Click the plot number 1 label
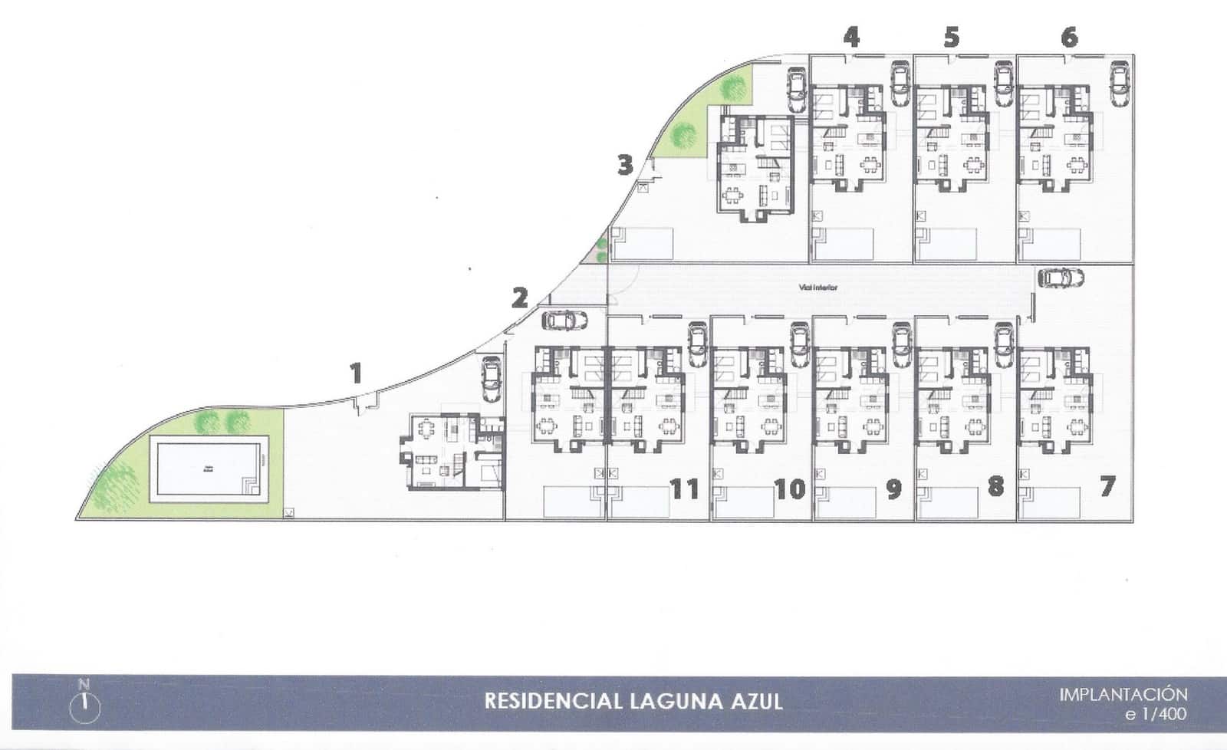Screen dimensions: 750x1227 [x=355, y=374]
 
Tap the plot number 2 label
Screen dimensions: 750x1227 [x=520, y=298]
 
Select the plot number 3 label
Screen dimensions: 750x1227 [x=626, y=165]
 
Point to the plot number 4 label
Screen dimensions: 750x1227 [x=851, y=37]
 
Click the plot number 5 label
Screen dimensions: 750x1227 [x=952, y=37]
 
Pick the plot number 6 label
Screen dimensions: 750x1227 [x=1070, y=37]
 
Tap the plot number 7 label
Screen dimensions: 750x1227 [x=1107, y=486]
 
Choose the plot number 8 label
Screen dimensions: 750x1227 [x=995, y=486]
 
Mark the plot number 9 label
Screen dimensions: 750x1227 [x=893, y=489]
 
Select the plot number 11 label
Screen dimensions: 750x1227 [x=685, y=488]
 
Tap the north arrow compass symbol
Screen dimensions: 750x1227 [x=85, y=702]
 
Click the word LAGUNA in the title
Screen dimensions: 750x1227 [x=668, y=701]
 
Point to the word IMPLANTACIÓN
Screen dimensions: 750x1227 [x=1123, y=695]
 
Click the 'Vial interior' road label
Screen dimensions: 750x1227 [x=818, y=288]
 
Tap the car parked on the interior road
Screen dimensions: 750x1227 [x=1061, y=277]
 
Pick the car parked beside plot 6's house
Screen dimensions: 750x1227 [x=1120, y=82]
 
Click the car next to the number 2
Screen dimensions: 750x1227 [x=564, y=319]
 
